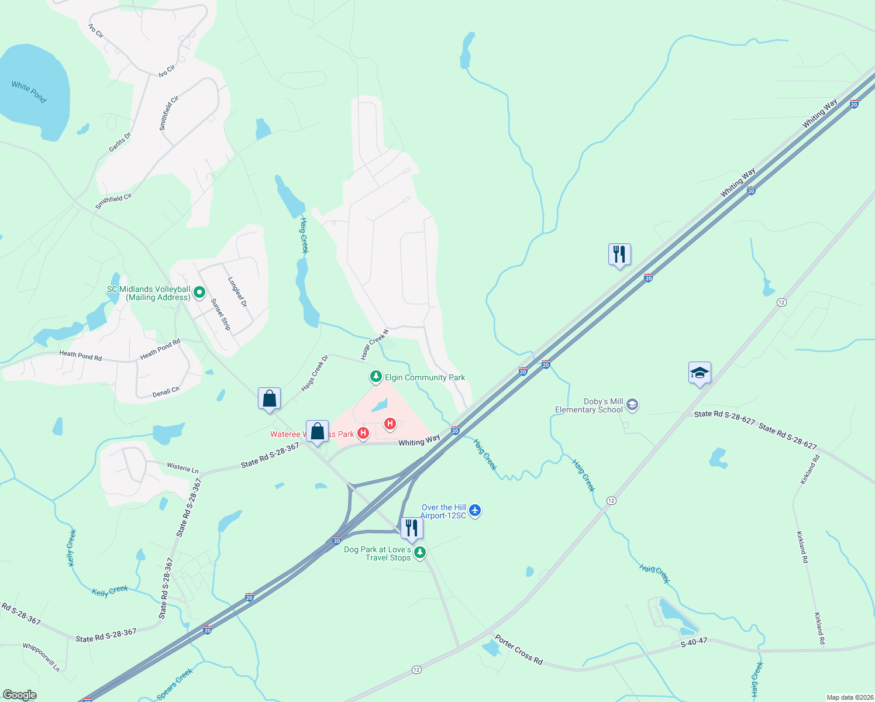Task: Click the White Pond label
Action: pyautogui.click(x=29, y=92)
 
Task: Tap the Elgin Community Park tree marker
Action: pyautogui.click(x=376, y=377)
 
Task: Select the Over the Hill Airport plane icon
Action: pyautogui.click(x=475, y=511)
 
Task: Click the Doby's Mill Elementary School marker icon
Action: pyautogui.click(x=632, y=405)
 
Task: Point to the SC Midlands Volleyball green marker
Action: pyautogui.click(x=199, y=291)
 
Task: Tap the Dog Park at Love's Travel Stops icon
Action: pyautogui.click(x=419, y=552)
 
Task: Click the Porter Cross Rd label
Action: pyautogui.click(x=518, y=649)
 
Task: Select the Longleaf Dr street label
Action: pyautogui.click(x=237, y=292)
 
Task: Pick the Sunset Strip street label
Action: pyautogui.click(x=221, y=314)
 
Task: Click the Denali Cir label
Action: pyautogui.click(x=166, y=392)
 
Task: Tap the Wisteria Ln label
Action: pyautogui.click(x=182, y=467)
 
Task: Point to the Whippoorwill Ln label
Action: pyautogui.click(x=41, y=657)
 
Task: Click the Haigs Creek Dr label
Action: pyautogui.click(x=315, y=373)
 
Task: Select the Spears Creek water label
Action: pyautogui.click(x=175, y=684)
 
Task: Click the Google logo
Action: pyautogui.click(x=20, y=695)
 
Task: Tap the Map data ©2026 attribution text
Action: pyautogui.click(x=848, y=697)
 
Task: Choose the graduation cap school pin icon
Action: pyautogui.click(x=700, y=373)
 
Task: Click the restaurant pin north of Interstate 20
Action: pyautogui.click(x=619, y=254)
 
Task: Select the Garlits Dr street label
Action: pyautogui.click(x=120, y=142)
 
